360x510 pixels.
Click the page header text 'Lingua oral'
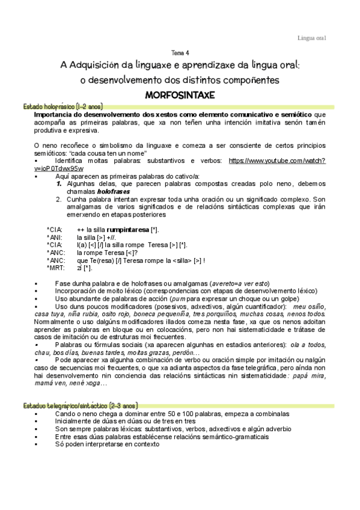click(312, 38)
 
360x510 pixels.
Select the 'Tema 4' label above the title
click(180, 52)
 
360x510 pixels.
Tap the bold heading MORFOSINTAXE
click(180, 95)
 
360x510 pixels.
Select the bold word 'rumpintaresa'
click(128, 230)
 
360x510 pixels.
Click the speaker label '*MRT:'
click(55, 268)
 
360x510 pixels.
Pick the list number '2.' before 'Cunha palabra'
click(59, 198)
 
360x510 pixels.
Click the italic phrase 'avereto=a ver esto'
click(239, 283)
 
